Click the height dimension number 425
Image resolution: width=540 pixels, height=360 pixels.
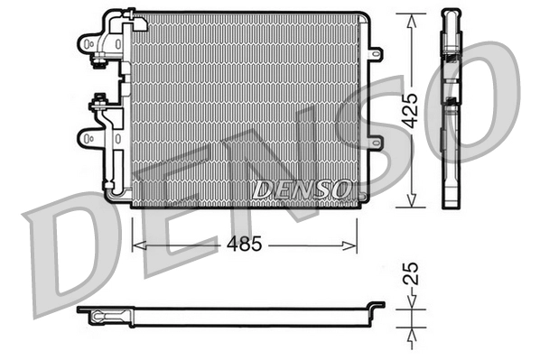click(x=411, y=110)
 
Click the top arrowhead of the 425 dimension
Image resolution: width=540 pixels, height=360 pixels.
click(x=411, y=18)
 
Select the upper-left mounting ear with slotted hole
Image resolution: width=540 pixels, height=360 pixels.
click(x=88, y=42)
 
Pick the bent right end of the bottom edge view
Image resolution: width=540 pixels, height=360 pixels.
click(x=377, y=309)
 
